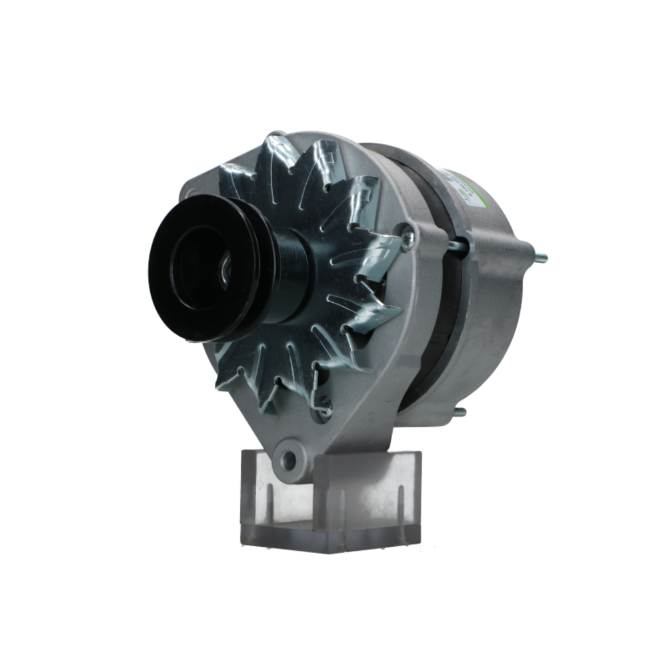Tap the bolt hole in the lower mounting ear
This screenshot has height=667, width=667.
288,458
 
